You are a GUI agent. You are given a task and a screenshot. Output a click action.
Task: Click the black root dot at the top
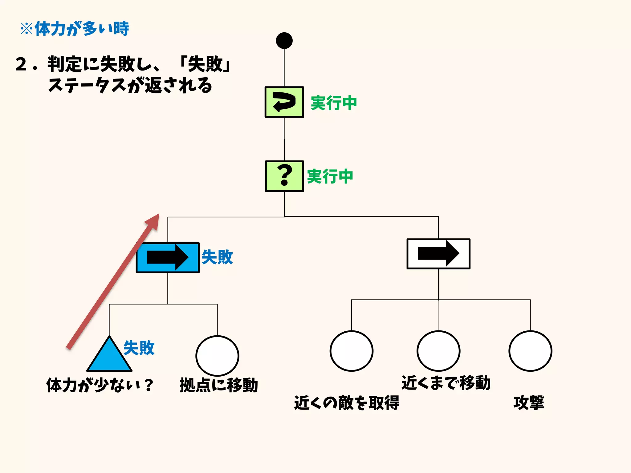(284, 41)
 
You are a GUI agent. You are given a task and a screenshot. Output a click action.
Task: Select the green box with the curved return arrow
(284, 102)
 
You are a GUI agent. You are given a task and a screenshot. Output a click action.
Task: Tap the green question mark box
(284, 176)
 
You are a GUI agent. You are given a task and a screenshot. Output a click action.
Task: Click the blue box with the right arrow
(168, 257)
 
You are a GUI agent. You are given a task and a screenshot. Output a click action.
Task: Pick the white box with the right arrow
(438, 254)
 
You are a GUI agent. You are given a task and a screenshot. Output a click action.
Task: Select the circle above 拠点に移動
(217, 356)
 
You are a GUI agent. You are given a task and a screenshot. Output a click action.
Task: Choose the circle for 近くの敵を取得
(351, 351)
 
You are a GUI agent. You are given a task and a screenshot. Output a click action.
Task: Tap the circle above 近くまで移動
(438, 351)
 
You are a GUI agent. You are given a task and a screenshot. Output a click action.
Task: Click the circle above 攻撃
(530, 351)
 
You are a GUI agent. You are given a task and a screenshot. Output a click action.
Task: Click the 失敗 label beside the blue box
(217, 257)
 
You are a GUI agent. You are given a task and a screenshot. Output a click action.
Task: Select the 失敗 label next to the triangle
(139, 348)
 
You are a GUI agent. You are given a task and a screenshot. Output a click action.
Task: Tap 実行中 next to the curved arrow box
(334, 103)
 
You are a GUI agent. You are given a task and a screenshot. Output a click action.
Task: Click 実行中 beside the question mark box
(330, 176)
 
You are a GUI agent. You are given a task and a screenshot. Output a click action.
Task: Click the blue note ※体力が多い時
(75, 29)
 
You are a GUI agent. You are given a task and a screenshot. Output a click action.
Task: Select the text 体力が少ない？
(100, 385)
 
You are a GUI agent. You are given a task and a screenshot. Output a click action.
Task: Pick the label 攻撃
(529, 403)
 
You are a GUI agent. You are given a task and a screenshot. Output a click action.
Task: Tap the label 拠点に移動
(219, 385)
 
